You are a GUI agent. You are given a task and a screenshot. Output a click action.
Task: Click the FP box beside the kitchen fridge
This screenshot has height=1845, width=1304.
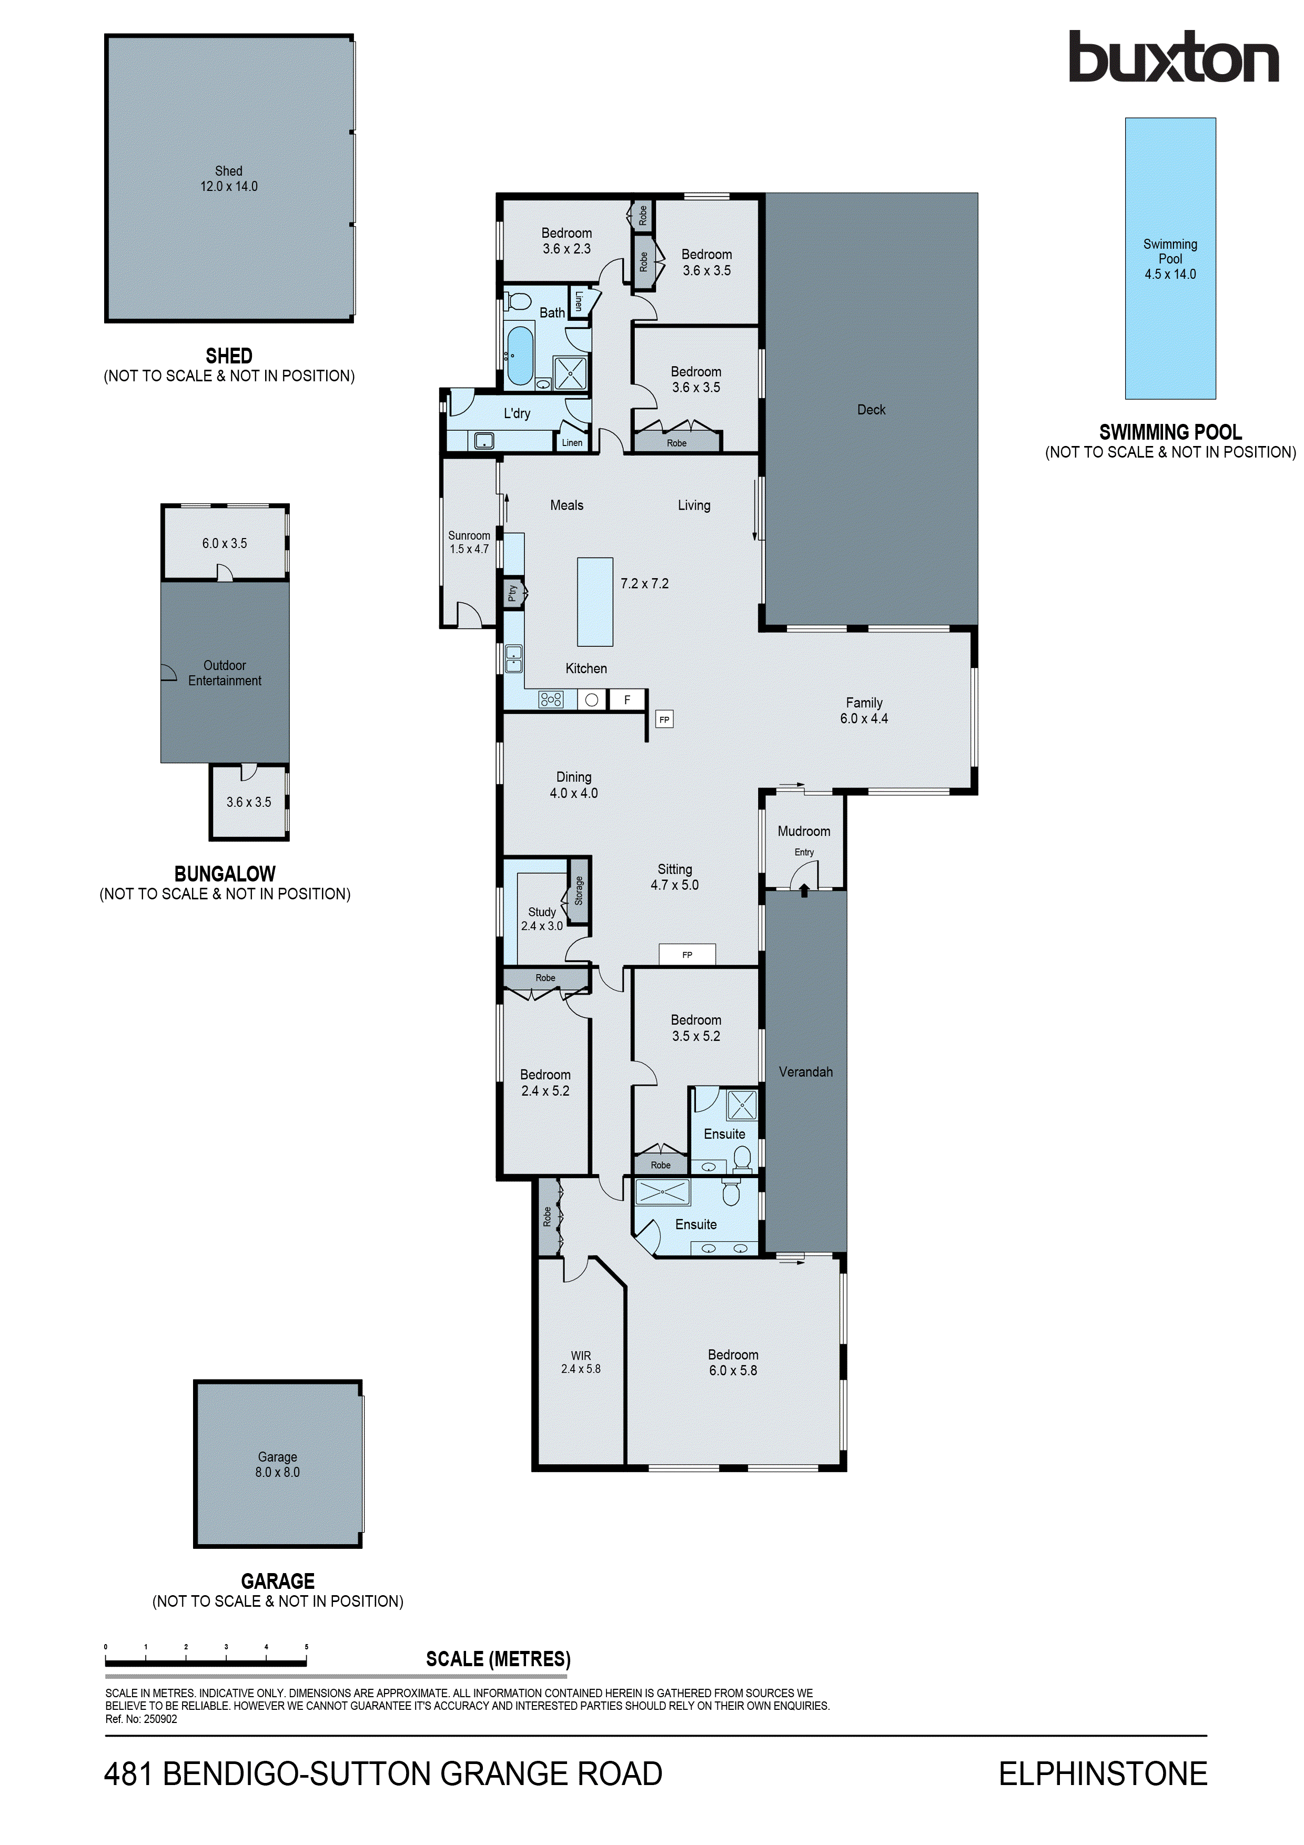tap(664, 719)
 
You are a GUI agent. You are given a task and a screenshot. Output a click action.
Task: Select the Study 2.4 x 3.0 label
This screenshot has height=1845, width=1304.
tap(541, 918)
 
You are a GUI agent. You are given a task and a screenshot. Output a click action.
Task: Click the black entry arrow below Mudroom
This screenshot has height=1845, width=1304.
tap(804, 889)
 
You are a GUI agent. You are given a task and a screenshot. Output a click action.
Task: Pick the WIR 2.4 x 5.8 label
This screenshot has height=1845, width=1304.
tap(580, 1362)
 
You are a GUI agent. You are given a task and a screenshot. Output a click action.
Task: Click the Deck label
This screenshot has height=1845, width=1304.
tap(871, 410)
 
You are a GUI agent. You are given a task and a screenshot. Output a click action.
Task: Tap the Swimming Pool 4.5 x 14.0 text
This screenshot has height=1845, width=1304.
tap(1170, 259)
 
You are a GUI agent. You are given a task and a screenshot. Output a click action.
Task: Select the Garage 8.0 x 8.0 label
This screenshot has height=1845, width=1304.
tap(277, 1464)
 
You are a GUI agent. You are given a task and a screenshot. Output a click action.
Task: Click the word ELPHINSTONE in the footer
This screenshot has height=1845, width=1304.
tap(1103, 1773)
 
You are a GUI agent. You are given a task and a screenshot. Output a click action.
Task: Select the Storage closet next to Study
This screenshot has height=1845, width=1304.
tap(579, 890)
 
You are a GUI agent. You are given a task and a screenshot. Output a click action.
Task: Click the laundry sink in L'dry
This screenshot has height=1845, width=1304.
tap(484, 440)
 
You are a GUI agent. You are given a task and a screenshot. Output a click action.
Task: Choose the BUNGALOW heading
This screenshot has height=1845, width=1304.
tap(225, 874)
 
